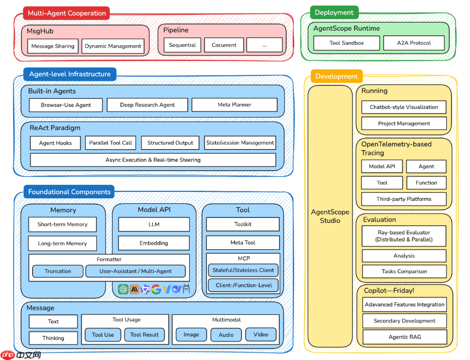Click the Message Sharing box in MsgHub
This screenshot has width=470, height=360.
click(53, 46)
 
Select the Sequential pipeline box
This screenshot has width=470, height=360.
click(182, 45)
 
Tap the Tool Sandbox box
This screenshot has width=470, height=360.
click(346, 43)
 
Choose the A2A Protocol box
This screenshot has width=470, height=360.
click(414, 43)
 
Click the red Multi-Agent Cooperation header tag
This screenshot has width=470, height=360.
click(67, 13)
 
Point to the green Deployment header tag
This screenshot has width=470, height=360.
click(334, 13)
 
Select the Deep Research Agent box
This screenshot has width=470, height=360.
click(148, 105)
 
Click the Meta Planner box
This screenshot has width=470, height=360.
click(234, 105)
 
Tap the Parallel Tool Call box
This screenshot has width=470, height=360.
click(110, 143)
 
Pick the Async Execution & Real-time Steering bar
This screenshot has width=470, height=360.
click(153, 160)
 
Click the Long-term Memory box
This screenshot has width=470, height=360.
click(62, 244)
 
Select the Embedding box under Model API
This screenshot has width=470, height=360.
click(154, 244)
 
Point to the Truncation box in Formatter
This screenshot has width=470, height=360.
click(58, 272)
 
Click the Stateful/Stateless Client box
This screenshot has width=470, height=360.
click(243, 270)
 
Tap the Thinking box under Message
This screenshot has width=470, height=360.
click(53, 338)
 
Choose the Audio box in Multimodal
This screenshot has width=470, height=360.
click(226, 335)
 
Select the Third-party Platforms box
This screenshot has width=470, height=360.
click(404, 199)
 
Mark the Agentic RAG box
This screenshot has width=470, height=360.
click(404, 337)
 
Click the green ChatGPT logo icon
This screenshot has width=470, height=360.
click(123, 289)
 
